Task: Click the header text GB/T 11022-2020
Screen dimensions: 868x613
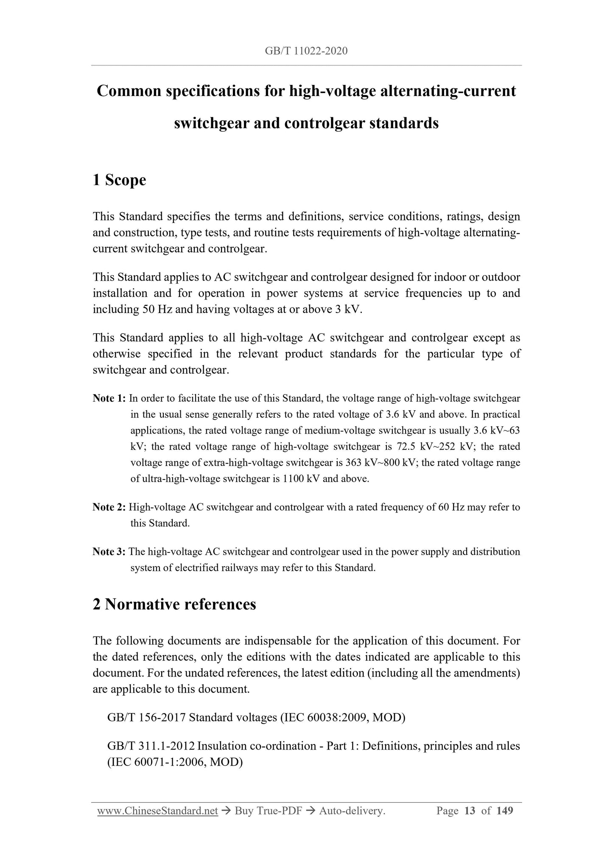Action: click(306, 51)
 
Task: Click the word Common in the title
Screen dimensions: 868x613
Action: click(128, 91)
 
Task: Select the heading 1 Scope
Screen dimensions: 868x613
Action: click(119, 180)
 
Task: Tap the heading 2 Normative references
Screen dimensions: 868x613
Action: click(174, 604)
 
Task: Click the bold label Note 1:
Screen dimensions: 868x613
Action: click(109, 398)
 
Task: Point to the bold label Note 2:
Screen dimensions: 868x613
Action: click(109, 507)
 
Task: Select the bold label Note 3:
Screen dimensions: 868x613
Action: click(109, 552)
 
